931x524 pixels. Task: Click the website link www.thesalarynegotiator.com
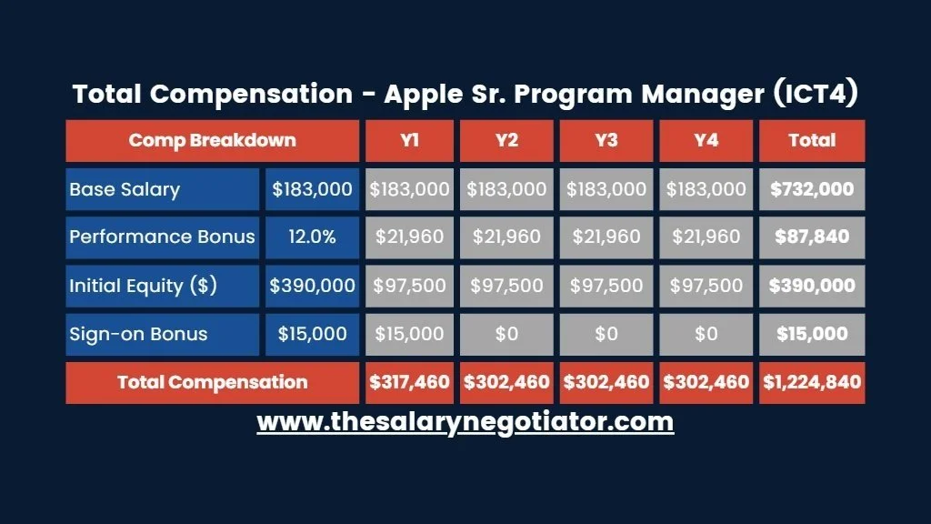coord(465,422)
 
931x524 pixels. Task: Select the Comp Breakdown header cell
coord(212,140)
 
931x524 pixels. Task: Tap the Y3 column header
coord(606,140)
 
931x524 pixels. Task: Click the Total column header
coord(812,140)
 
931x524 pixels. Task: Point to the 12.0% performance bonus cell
coord(312,237)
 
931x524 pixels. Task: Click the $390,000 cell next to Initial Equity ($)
coord(312,286)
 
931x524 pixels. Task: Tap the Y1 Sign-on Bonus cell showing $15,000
coord(409,334)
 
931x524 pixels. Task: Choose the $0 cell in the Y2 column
coord(506,334)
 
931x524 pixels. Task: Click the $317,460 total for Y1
coord(409,382)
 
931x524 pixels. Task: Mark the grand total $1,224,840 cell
coord(812,382)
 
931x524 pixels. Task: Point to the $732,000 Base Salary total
coord(812,189)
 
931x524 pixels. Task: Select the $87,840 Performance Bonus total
coord(812,237)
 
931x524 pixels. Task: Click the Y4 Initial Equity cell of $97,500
coord(706,286)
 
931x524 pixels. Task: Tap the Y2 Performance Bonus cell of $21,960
coord(506,237)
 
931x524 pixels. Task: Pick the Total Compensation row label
coord(212,382)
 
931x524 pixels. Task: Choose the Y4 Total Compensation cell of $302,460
coord(706,382)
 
